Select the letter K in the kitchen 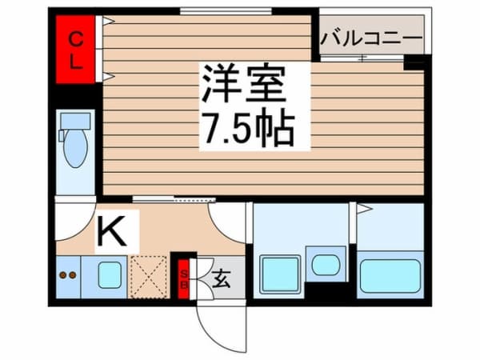tap(111, 231)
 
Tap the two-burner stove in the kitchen tap(69, 276)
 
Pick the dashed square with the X tap(147, 277)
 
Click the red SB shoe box tap(183, 277)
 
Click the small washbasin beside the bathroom tap(325, 264)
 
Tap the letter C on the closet tap(75, 37)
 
